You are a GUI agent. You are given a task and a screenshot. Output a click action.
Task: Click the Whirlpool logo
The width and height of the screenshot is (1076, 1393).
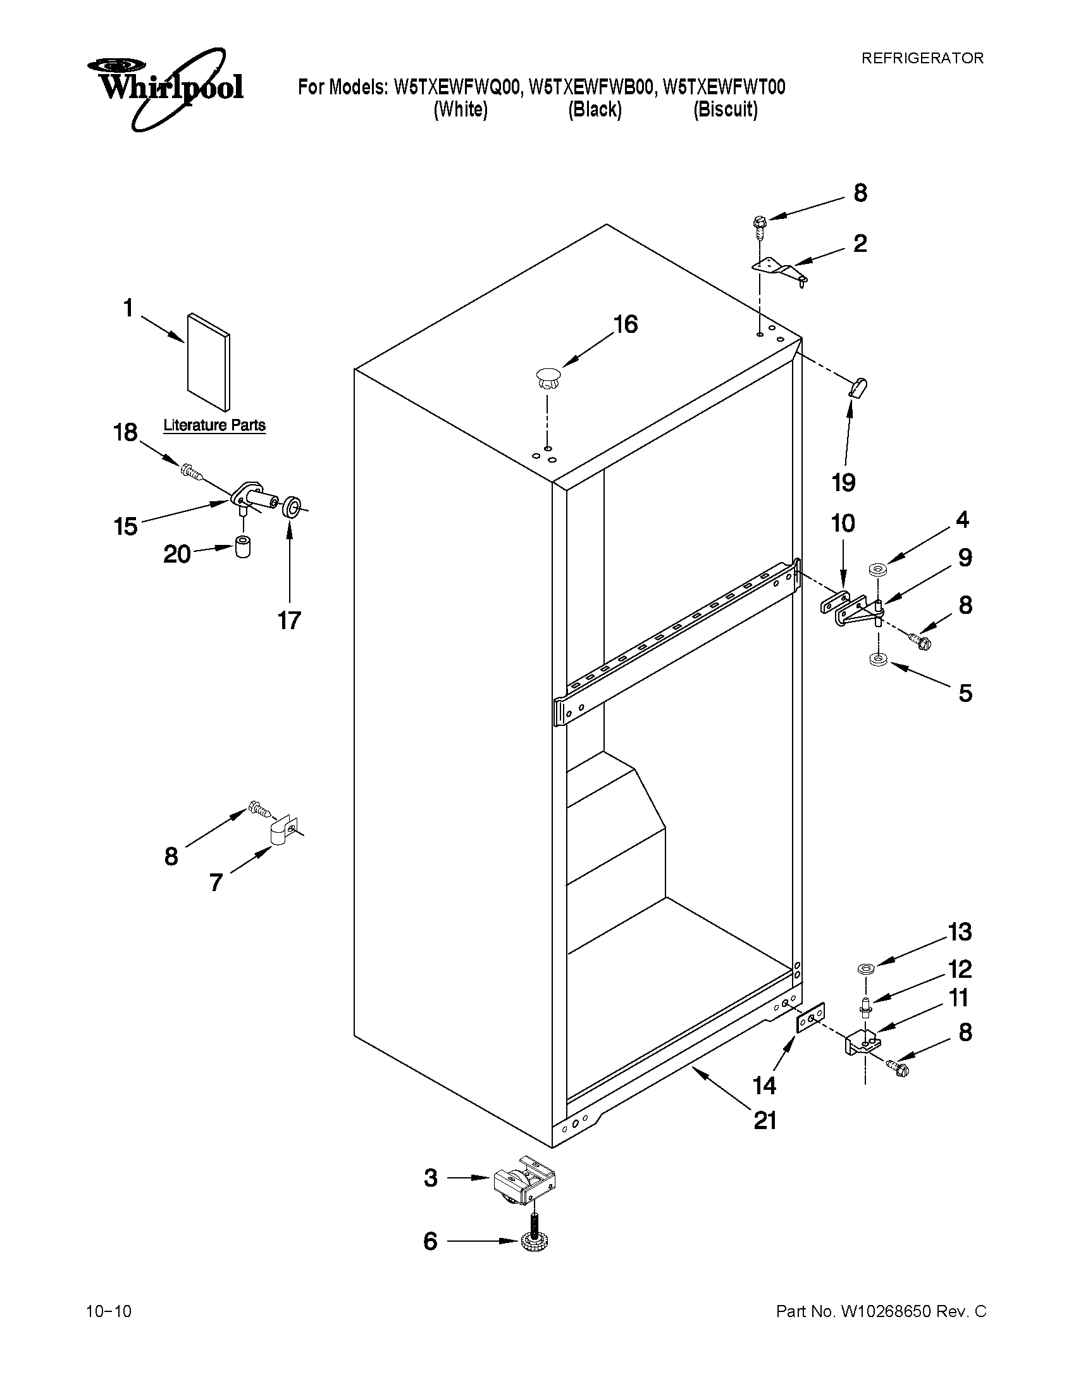(166, 87)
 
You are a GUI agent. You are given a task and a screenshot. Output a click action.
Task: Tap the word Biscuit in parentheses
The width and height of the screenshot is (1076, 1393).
(726, 109)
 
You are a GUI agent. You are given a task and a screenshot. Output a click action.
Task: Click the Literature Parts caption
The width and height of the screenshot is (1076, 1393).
(214, 425)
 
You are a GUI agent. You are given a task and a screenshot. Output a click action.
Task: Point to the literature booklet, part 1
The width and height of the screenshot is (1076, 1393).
(209, 361)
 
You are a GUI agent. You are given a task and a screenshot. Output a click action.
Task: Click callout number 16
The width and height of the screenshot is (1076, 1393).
(625, 325)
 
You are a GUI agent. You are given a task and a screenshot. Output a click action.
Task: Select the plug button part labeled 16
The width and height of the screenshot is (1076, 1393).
(547, 377)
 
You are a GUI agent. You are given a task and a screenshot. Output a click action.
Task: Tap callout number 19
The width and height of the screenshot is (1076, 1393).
(843, 482)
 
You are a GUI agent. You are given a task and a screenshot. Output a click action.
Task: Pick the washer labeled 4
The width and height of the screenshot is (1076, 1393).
(876, 568)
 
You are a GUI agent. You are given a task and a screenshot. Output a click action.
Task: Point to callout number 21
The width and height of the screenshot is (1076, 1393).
(765, 1121)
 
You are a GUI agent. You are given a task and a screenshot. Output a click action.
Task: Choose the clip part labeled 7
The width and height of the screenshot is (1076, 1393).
(280, 830)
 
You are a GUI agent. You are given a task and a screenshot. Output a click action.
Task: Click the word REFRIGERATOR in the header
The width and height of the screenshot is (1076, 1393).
(922, 58)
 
